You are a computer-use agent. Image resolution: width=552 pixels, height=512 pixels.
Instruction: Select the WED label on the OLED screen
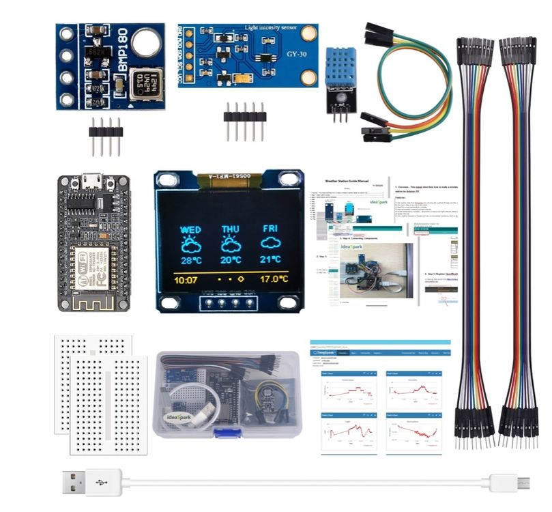[x=190, y=230]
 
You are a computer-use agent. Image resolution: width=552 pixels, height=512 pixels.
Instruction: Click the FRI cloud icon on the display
[x=271, y=244]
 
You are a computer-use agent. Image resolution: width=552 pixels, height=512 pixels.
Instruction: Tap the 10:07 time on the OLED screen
[x=185, y=280]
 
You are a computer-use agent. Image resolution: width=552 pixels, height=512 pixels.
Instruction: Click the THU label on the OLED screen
[x=231, y=230]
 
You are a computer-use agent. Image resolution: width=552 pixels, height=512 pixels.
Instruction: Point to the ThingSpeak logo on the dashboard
[x=325, y=353]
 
